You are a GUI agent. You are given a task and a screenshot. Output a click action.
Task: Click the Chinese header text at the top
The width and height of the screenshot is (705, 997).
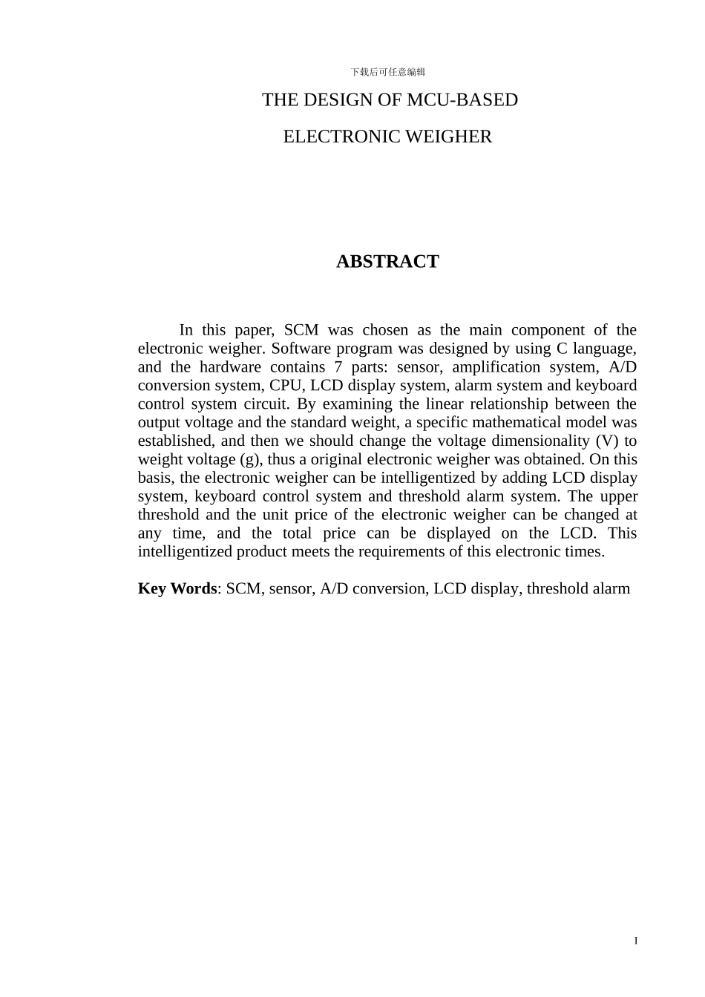(x=387, y=72)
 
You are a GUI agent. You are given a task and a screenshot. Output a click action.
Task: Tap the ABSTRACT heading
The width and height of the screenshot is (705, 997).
(x=387, y=262)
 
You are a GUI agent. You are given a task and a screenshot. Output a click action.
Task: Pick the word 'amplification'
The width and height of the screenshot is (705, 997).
(x=496, y=367)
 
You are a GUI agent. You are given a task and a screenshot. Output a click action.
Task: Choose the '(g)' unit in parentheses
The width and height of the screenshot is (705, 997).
(x=250, y=460)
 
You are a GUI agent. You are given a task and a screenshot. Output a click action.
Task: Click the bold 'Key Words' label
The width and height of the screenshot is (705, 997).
(x=177, y=589)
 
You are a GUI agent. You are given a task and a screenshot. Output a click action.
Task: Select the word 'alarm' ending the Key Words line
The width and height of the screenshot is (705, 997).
(x=611, y=589)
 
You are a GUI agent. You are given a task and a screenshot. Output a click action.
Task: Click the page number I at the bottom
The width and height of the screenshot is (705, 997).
(x=636, y=941)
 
